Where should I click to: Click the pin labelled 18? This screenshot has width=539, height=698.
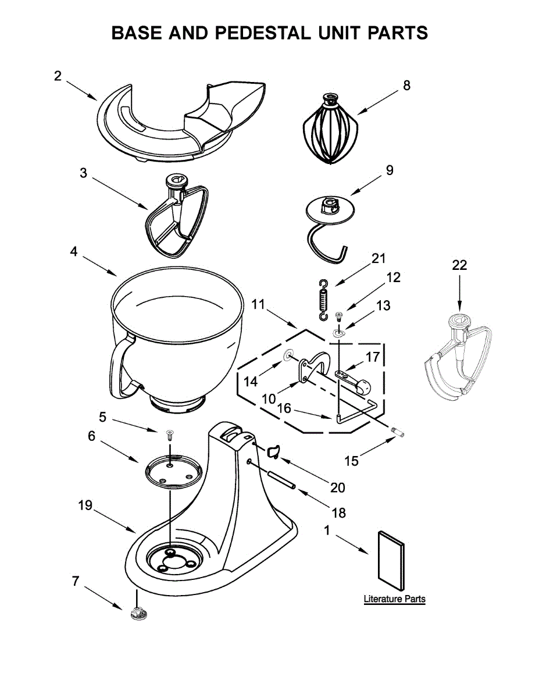pos(281,479)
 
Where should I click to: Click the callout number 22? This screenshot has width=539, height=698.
pos(459,265)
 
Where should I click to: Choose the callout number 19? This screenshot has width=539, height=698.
pos(85,505)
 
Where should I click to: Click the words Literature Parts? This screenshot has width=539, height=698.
pos(394,599)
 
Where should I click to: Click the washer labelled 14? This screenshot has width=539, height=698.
pos(288,355)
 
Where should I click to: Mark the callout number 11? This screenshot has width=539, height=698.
pos(258,304)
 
